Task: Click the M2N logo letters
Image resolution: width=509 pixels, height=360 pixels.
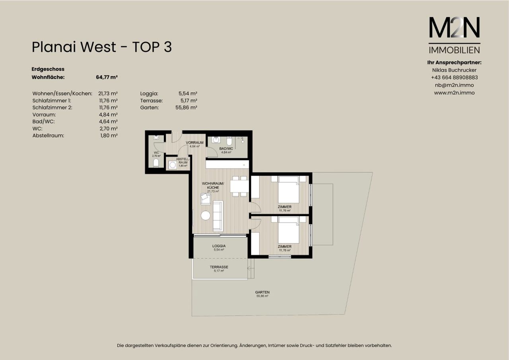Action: pos(454,27)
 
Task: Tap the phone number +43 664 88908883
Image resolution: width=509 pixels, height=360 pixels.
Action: pos(454,78)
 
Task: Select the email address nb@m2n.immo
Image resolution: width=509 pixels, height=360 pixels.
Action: pos(454,85)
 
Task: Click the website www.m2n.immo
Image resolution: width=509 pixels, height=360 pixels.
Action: pos(454,93)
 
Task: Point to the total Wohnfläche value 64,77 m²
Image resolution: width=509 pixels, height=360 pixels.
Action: pos(107,77)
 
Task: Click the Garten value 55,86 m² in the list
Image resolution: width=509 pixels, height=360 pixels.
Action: pos(186,107)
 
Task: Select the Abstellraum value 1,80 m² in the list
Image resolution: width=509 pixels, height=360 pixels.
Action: pos(109,136)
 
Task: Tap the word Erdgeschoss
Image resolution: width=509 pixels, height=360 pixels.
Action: pos(48,69)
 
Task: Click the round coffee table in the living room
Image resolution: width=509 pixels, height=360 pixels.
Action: pos(206,216)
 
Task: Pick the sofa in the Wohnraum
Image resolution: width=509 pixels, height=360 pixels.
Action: pos(218,216)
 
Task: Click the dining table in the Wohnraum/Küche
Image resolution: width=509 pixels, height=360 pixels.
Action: pos(239,186)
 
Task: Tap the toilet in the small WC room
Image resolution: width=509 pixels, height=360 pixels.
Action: pos(156,163)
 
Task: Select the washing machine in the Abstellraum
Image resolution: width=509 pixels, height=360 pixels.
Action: pos(173,165)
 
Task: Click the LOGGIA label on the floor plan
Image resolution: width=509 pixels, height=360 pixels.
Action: pos(219,246)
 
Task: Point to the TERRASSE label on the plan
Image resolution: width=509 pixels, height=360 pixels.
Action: pos(219,267)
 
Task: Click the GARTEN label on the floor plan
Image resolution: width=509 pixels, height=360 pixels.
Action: pos(262,292)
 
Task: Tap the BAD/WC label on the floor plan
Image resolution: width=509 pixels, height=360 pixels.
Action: pos(226,148)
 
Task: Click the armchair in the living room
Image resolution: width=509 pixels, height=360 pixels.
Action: pos(206,199)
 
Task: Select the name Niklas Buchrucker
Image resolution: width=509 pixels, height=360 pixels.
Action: pos(454,70)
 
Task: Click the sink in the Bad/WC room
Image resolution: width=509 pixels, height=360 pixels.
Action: pos(216,140)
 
